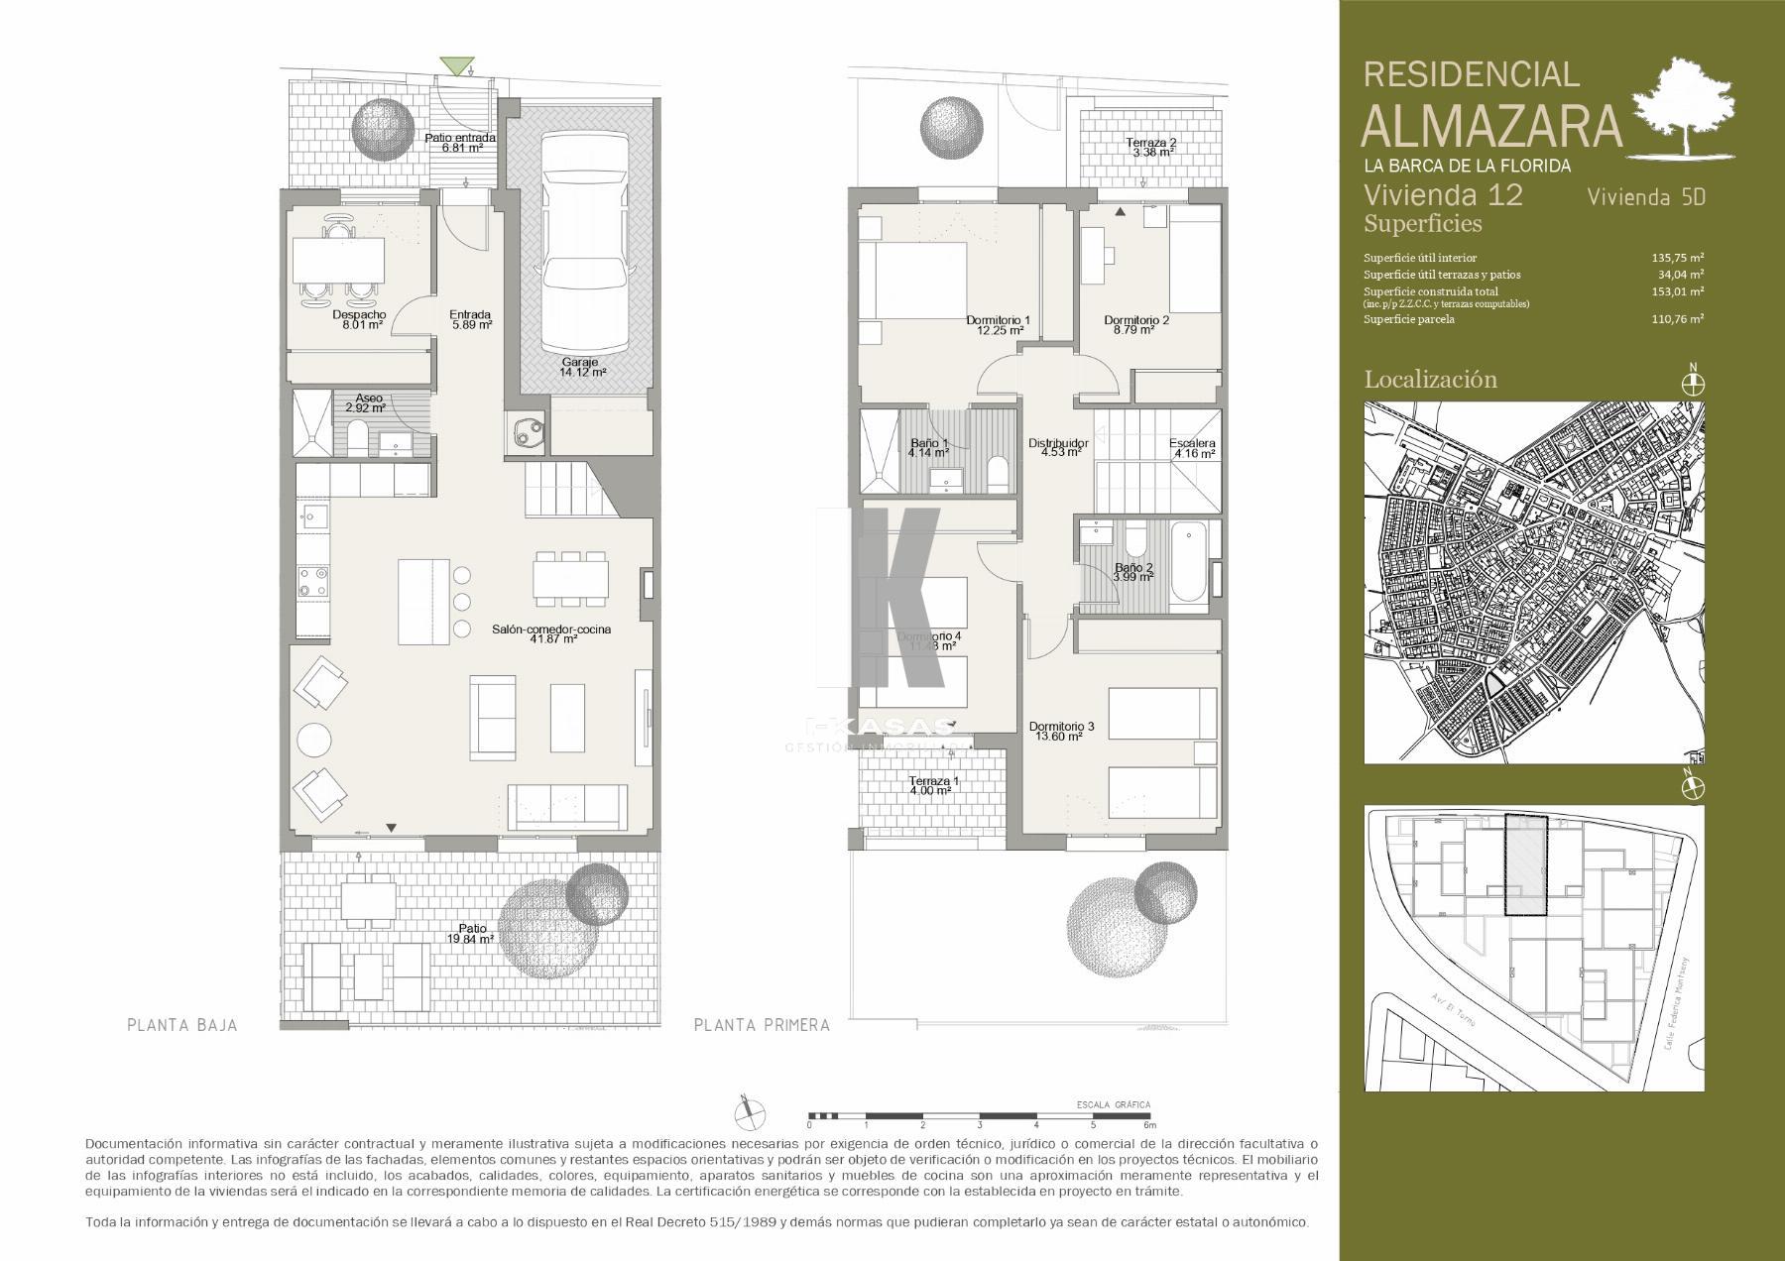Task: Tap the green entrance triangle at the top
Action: coord(455,66)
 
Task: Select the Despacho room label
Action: coord(359,318)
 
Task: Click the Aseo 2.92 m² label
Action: coord(365,402)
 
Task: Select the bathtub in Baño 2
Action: coord(1188,569)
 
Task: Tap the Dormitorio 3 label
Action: coord(1061,732)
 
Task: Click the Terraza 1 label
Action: coord(934,785)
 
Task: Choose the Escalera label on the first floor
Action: coord(1191,448)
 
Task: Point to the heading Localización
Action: coord(1430,379)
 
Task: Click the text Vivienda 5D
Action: coord(1645,196)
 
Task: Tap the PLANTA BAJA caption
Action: coord(182,1025)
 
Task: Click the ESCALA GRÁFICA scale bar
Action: coord(980,1116)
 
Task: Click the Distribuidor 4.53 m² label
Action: coord(1058,448)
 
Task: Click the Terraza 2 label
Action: coord(1150,148)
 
